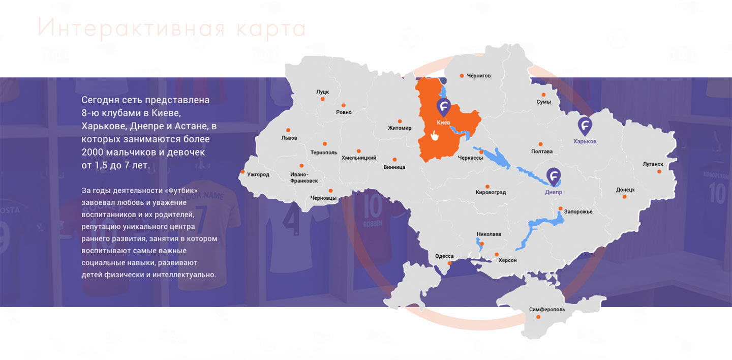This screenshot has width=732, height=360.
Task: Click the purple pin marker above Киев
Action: point(444,107)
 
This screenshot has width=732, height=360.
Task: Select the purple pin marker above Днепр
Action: point(554,176)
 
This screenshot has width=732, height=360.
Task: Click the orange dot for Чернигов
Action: point(462,76)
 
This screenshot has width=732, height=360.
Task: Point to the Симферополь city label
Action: point(546,309)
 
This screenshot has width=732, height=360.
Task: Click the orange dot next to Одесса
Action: point(449,263)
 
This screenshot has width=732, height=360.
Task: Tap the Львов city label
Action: point(289,138)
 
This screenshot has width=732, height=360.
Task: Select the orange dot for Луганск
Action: point(659,171)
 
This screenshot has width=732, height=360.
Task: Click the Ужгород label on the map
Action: point(258,174)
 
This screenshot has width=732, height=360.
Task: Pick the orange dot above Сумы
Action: point(543,95)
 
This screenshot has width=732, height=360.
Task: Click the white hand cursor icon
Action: point(434,136)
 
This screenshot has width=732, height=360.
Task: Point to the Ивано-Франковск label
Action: point(304,177)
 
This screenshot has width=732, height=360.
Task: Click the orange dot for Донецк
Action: point(625,197)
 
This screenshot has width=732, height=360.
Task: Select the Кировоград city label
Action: point(490,193)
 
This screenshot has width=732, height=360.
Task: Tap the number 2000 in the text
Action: point(95,152)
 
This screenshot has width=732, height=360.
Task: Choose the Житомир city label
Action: point(399,128)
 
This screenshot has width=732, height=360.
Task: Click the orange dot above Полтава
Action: point(540,144)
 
